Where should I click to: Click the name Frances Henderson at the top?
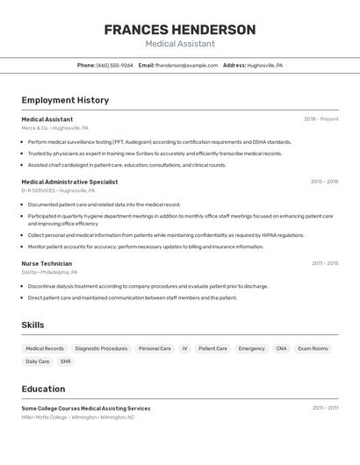click(180, 30)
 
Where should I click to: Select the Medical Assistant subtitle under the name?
click(180, 44)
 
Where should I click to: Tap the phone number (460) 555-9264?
click(115, 65)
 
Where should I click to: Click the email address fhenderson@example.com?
click(186, 65)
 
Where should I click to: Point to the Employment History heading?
click(65, 100)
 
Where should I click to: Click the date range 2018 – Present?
click(320, 119)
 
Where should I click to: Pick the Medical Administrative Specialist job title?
click(69, 182)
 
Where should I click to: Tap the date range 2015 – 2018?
click(324, 182)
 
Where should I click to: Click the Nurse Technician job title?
click(47, 263)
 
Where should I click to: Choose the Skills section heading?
click(32, 325)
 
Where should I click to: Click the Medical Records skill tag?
click(45, 348)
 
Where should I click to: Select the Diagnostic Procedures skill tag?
click(101, 348)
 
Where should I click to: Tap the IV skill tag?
click(184, 348)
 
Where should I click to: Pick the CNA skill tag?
click(281, 348)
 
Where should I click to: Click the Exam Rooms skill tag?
click(313, 348)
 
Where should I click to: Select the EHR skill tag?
click(65, 361)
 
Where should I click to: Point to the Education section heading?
click(43, 389)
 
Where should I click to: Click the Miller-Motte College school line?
click(78, 418)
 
